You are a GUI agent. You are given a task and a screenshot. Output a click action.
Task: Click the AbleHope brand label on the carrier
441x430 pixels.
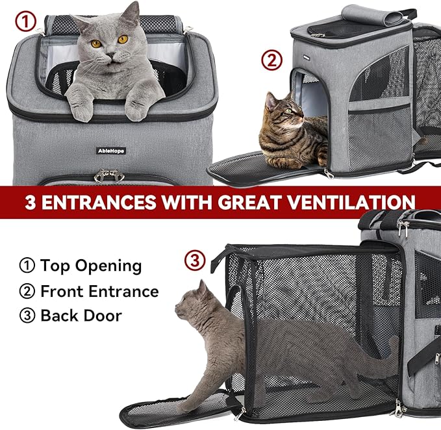[111, 151]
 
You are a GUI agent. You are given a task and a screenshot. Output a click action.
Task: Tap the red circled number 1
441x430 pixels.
[25, 23]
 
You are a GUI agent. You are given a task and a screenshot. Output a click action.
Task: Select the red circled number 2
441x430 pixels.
[271, 60]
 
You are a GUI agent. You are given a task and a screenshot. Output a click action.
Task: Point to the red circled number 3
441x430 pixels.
[195, 260]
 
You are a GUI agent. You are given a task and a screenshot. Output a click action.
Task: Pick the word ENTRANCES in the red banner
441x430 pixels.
[99, 202]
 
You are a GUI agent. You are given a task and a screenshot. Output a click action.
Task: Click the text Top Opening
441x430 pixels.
[90, 266]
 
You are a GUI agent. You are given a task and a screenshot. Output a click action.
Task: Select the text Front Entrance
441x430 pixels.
[99, 291]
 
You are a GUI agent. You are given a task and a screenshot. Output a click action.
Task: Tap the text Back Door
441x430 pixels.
[81, 316]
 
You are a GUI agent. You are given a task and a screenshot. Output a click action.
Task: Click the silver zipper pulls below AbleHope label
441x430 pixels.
[109, 176]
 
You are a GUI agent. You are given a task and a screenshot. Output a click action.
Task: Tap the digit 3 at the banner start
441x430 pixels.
[31, 202]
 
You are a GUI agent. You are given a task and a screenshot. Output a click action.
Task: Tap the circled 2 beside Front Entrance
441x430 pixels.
[27, 291]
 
